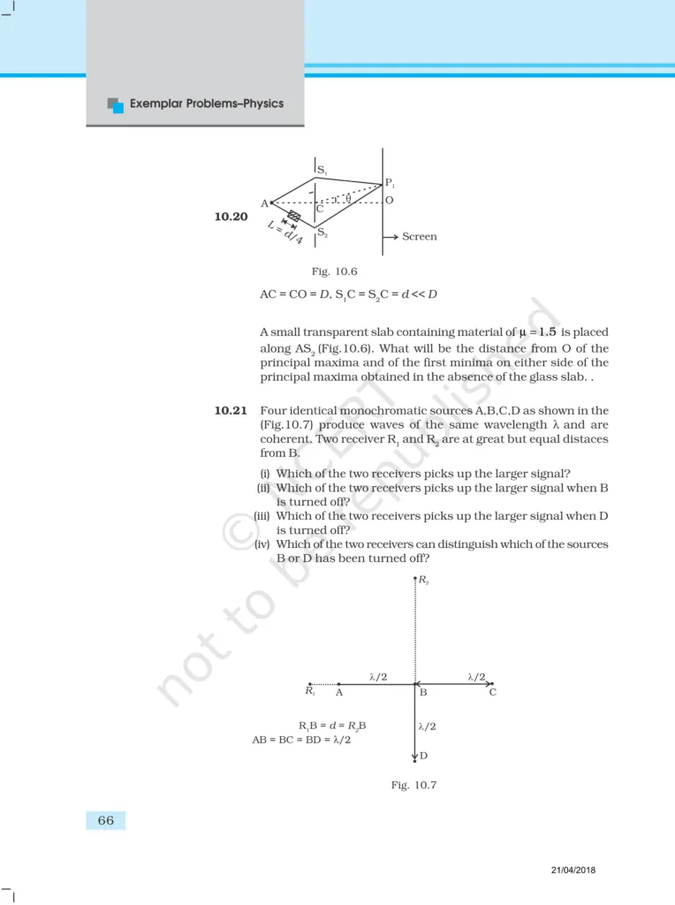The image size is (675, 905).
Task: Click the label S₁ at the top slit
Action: tap(322, 170)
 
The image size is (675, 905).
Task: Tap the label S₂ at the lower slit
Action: tap(323, 233)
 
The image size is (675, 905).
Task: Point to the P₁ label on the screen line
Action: tap(390, 184)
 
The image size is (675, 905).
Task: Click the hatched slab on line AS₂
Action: tap(294, 217)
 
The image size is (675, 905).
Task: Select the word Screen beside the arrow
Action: tap(419, 237)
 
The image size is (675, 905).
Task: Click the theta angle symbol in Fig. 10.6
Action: tap(348, 198)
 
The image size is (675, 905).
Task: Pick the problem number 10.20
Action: tap(231, 216)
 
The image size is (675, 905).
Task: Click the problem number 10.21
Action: tap(231, 410)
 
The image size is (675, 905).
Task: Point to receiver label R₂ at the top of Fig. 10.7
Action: tap(424, 582)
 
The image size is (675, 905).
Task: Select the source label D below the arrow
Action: tap(424, 756)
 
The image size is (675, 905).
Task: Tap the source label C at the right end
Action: tap(493, 693)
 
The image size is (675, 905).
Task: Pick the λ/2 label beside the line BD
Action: tap(428, 726)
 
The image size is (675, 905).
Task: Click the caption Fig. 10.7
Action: tap(414, 785)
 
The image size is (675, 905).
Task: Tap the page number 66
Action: tap(106, 820)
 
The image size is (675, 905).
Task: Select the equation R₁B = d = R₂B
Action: tap(332, 726)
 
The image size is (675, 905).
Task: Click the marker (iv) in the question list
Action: tap(263, 544)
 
